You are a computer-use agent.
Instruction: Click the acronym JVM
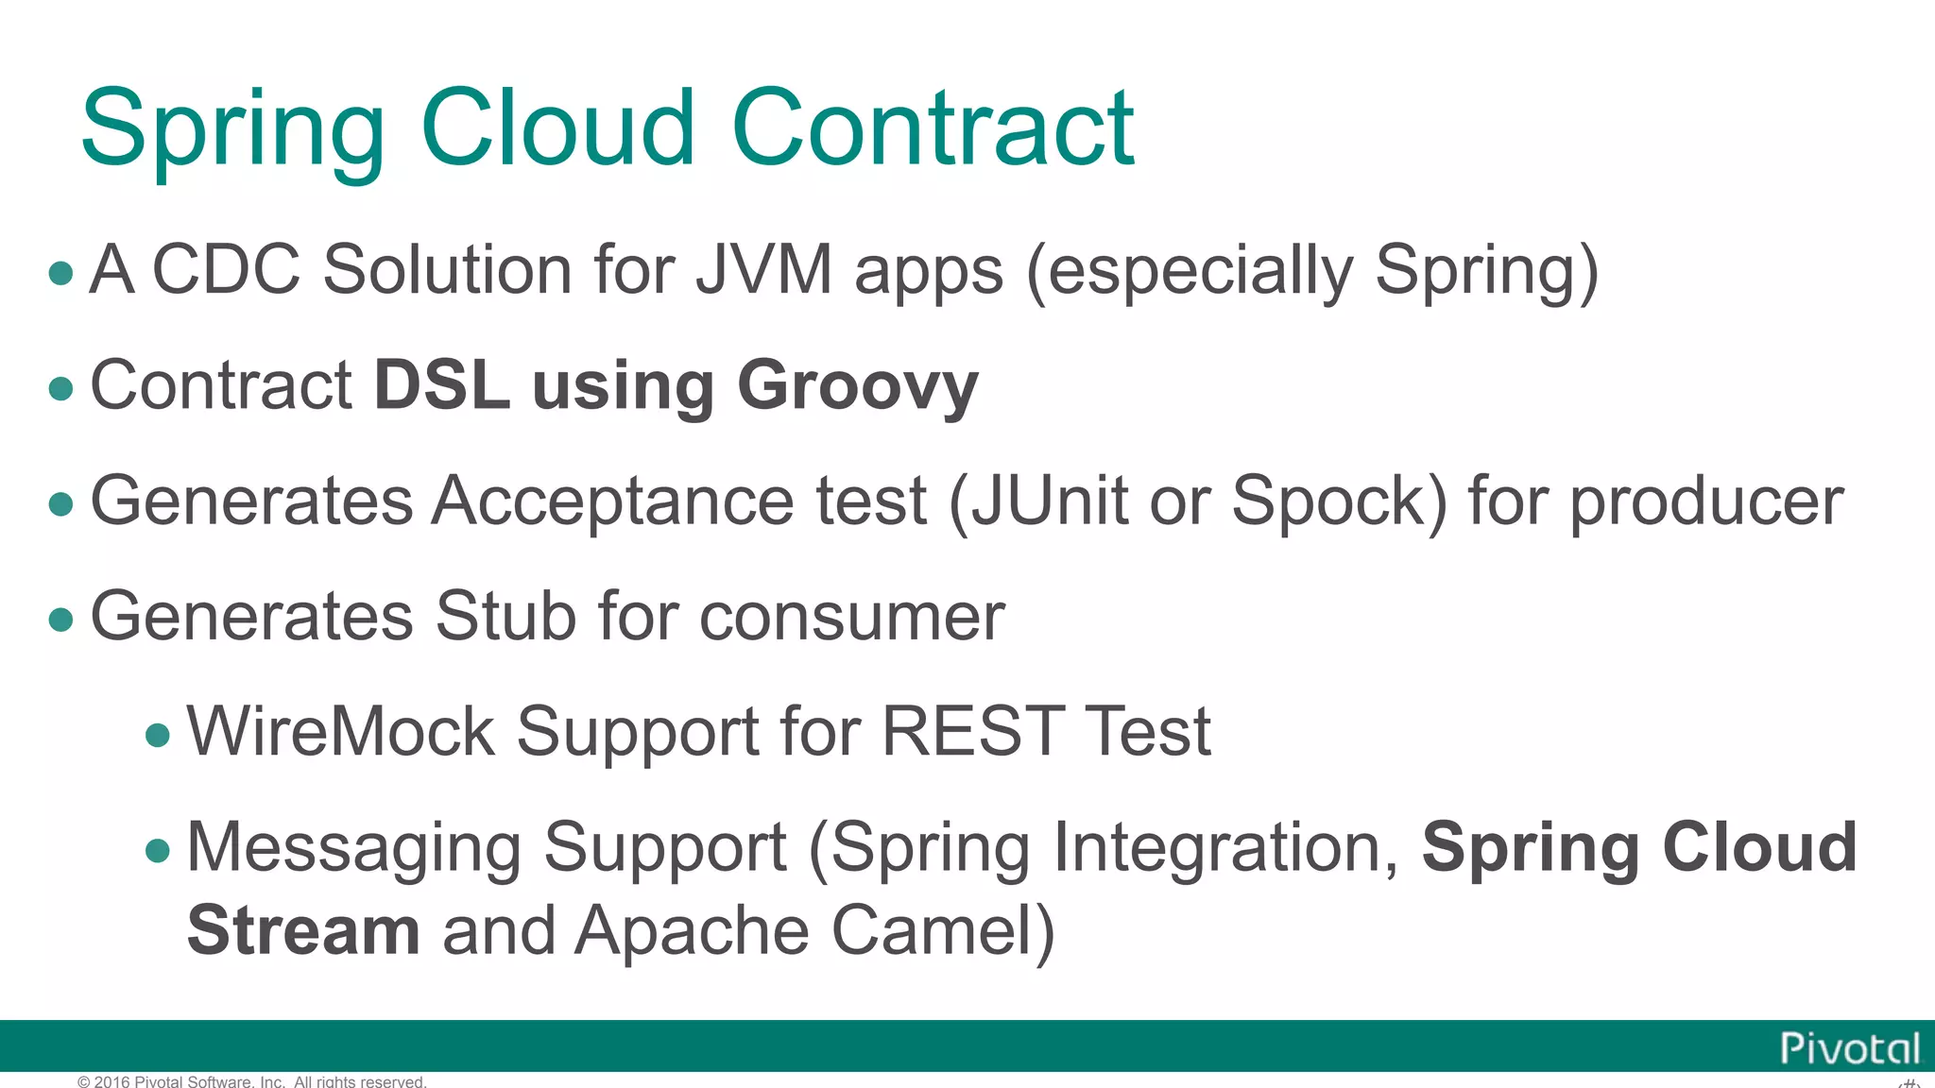tap(763, 270)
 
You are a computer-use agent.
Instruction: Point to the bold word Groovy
tap(857, 387)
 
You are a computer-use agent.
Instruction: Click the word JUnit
tap(1049, 501)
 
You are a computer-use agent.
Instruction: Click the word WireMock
tap(340, 732)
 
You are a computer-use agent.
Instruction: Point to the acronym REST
tap(972, 732)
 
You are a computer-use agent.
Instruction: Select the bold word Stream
tap(303, 930)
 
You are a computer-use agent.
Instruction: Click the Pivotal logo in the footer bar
tap(1849, 1048)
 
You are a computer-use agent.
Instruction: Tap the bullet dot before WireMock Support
tap(159, 735)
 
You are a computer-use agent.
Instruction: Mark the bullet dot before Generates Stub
tap(61, 620)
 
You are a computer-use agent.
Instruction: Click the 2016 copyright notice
tap(252, 1081)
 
